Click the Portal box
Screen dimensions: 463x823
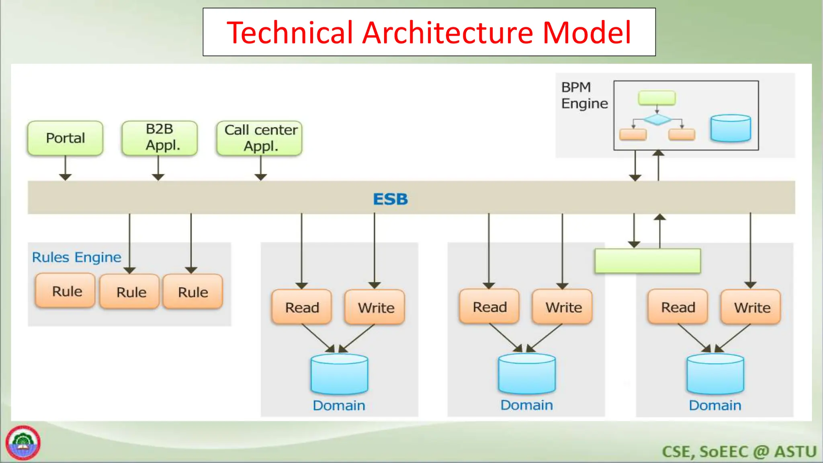(65, 138)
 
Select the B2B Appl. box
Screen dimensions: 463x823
(160, 138)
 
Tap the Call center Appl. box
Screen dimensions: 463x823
(260, 138)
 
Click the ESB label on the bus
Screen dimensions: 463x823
(390, 199)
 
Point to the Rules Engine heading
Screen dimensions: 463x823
(76, 257)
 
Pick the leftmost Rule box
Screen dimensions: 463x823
(66, 291)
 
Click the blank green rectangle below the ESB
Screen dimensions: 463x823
(647, 261)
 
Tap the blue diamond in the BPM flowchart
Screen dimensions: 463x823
(657, 119)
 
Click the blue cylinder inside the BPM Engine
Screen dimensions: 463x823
(730, 128)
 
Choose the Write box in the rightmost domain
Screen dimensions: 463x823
(751, 307)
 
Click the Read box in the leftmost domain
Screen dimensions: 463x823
(302, 307)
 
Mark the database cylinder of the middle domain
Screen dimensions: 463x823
(526, 374)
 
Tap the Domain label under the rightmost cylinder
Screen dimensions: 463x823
(714, 405)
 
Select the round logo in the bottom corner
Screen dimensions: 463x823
(23, 443)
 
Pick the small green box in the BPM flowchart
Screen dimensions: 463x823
(657, 98)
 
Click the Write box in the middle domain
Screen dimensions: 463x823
(563, 307)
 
